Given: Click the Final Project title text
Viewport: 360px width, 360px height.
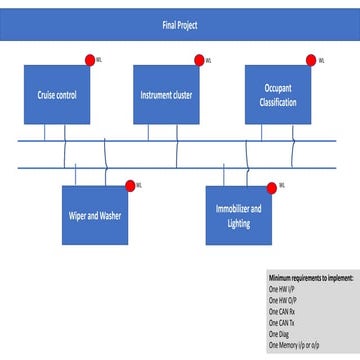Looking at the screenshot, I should pos(180,25).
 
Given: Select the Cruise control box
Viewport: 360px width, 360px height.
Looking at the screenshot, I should pos(58,95).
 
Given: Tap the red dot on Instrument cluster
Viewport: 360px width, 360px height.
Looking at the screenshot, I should pos(199,60).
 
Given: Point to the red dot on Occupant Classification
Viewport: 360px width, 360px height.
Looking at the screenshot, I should pos(310,60).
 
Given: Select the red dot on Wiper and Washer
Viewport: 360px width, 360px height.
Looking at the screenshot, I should pos(130,185).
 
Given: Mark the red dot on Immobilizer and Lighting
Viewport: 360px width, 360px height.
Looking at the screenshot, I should pos(271,185).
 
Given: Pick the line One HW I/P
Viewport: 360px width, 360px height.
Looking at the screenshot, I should pos(282,288).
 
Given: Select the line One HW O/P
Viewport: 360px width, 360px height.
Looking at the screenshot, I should pos(283,299).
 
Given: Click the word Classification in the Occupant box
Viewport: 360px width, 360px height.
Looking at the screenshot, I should pos(278,103).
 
